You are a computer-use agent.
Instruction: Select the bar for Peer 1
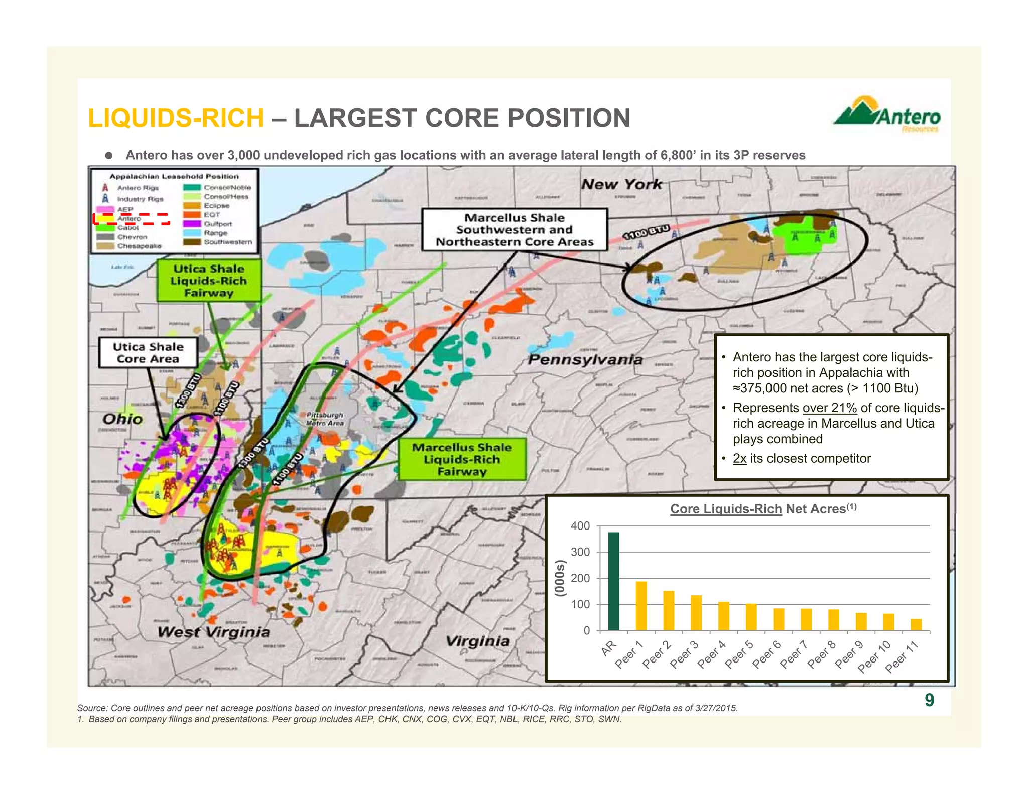tap(641, 606)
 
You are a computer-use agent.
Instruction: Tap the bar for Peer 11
tap(916, 624)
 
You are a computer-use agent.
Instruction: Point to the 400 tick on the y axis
tap(580, 526)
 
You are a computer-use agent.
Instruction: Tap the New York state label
tap(621, 184)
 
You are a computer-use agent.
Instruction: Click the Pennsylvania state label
tap(585, 359)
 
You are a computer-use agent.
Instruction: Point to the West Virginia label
tap(213, 632)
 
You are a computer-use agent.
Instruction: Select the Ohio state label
tap(122, 419)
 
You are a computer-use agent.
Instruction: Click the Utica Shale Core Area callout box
tap(148, 353)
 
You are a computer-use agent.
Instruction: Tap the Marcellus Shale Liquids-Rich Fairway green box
tap(462, 459)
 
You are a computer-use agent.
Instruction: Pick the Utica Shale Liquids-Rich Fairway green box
tap(209, 281)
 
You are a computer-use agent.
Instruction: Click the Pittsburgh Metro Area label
tap(325, 419)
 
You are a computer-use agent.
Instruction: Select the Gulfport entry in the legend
tap(217, 224)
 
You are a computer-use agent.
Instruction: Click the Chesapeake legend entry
tap(139, 246)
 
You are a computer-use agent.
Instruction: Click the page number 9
tap(929, 700)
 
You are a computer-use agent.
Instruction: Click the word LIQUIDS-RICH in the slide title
tap(176, 118)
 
